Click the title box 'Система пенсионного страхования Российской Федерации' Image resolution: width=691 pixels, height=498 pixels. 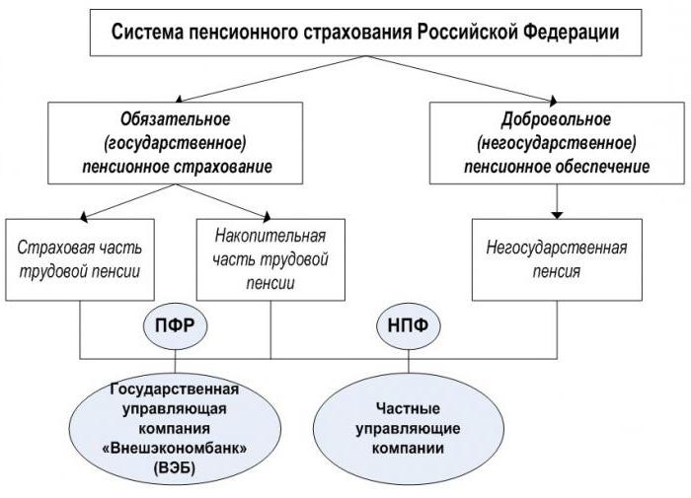365,32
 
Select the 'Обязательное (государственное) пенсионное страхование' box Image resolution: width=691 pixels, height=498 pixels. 170,143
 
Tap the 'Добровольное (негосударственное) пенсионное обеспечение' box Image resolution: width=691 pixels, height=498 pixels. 558,143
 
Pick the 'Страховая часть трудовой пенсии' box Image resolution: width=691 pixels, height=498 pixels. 83,255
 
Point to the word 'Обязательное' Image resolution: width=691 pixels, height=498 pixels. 170,120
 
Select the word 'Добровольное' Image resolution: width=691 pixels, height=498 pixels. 558,120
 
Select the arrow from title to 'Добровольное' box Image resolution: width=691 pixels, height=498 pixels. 484,79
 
